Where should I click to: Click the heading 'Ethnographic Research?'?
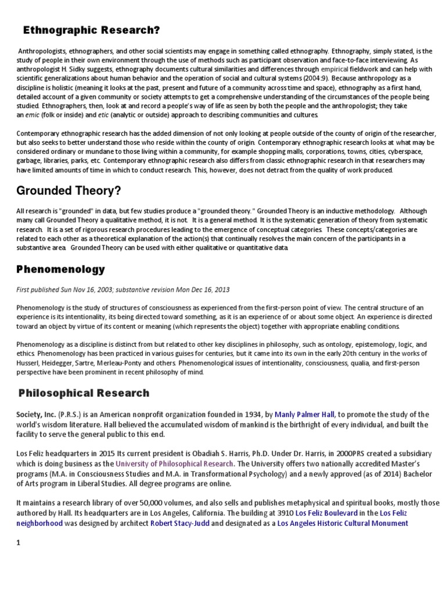pyautogui.click(x=91, y=30)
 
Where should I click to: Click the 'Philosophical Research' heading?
pyautogui.click(x=84, y=393)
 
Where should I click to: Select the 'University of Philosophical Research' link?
pyautogui.click(x=175, y=464)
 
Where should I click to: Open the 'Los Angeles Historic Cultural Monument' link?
pyautogui.click(x=343, y=523)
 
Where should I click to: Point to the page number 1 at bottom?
pyautogui.click(x=19, y=543)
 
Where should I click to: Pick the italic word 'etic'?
pyautogui.click(x=103, y=116)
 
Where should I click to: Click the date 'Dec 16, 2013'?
pyautogui.click(x=183, y=289)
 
